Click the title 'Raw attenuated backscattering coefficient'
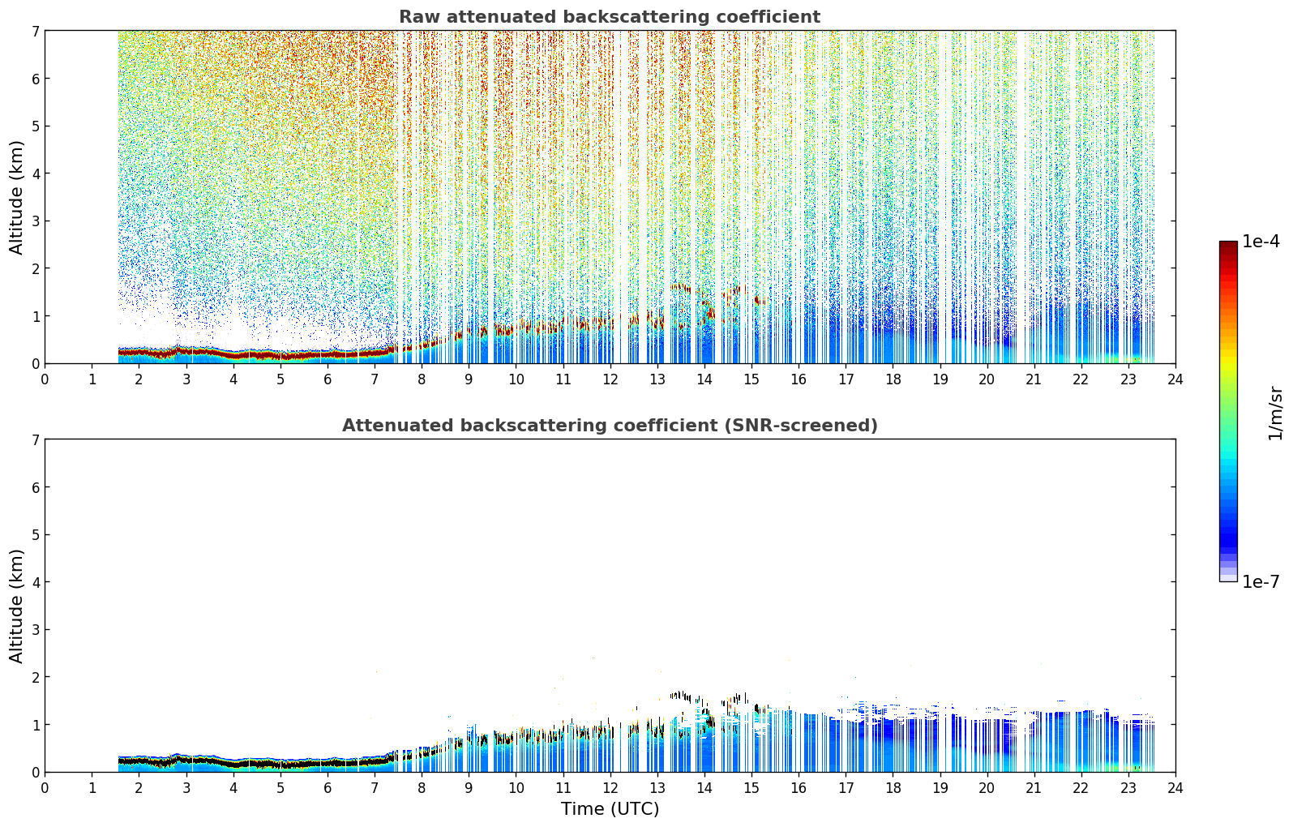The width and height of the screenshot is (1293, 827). click(x=610, y=17)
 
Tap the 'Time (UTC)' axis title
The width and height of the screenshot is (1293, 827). click(x=610, y=808)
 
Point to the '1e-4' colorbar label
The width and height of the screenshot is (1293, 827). click(x=1261, y=242)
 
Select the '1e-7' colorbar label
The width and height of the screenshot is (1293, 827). click(x=1261, y=581)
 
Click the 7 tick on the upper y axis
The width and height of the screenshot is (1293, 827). click(x=35, y=31)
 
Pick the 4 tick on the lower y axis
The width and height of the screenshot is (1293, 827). click(x=35, y=582)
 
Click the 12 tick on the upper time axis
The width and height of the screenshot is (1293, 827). click(x=610, y=379)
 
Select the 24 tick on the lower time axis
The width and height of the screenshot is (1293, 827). click(x=1175, y=788)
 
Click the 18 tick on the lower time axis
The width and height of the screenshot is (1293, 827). click(x=893, y=788)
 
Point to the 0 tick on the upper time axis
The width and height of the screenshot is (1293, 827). click(x=45, y=379)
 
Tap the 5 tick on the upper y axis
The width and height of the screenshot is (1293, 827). click(x=35, y=126)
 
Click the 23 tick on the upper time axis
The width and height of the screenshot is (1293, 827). click(x=1128, y=379)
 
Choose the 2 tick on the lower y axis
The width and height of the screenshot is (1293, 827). click(x=35, y=677)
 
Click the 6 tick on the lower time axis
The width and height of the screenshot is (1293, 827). click(x=328, y=788)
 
